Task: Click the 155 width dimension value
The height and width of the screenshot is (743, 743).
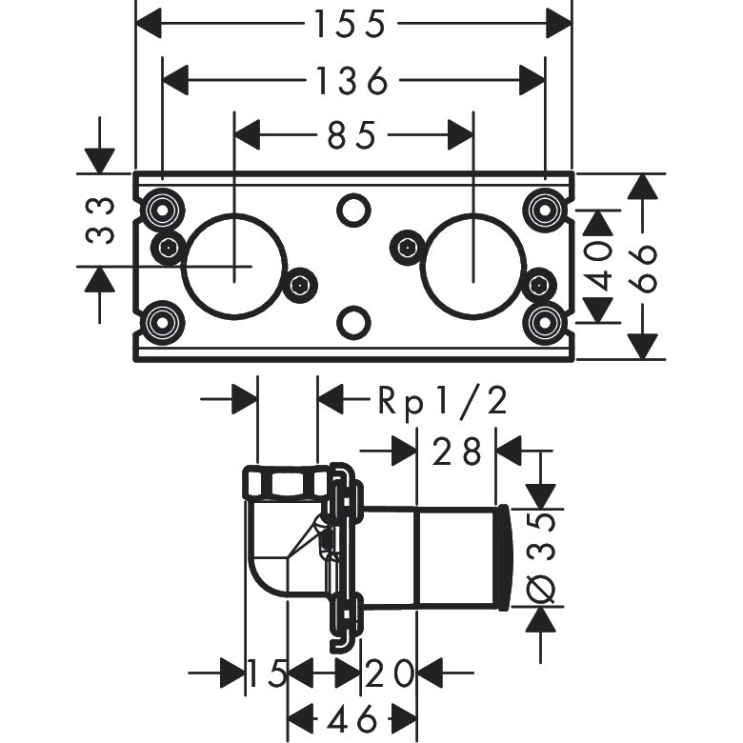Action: [351, 24]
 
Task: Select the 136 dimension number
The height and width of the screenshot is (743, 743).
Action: [351, 82]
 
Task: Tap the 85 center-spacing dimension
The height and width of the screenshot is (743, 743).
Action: [351, 136]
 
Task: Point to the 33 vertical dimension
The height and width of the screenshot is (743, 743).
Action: [101, 220]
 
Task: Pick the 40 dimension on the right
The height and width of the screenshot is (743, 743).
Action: [597, 267]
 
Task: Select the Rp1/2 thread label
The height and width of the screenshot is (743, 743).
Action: [442, 401]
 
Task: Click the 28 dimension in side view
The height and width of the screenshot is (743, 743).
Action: [457, 452]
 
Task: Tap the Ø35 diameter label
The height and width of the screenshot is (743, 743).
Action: [541, 557]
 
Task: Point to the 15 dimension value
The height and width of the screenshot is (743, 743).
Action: [267, 674]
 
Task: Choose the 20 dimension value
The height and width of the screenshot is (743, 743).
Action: [389, 674]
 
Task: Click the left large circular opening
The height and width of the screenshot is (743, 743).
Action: [234, 264]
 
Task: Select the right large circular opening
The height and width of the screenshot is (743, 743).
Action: [473, 264]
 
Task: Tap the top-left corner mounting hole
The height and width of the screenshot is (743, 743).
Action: [160, 207]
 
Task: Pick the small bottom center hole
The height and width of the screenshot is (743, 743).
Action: [352, 322]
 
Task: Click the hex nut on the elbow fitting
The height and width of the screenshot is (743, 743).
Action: [285, 483]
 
